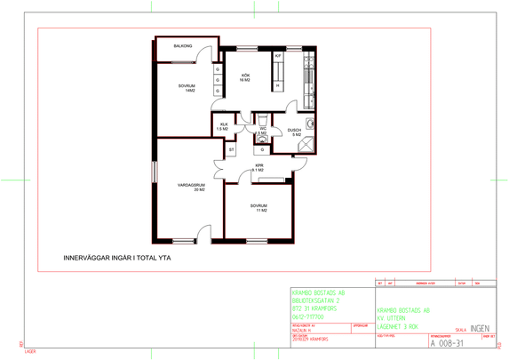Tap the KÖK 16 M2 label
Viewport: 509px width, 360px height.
coord(244,77)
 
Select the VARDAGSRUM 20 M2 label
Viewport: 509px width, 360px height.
coord(191,188)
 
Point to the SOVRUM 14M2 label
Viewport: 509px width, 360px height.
coord(185,88)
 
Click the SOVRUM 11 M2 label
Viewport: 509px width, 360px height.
coord(258,207)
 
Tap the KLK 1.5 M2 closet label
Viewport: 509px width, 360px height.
coord(223,127)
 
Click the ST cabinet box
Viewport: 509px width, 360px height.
coord(231,150)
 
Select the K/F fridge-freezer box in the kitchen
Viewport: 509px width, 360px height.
coord(277,56)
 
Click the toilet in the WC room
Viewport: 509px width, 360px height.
coord(263,119)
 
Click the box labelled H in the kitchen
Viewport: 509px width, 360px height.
coord(277,85)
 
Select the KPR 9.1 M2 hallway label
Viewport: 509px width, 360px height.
coord(259,167)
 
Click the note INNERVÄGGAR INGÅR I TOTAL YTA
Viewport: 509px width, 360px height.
coord(117,259)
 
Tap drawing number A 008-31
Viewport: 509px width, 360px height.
coord(447,342)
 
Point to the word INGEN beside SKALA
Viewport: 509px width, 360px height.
coord(481,328)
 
